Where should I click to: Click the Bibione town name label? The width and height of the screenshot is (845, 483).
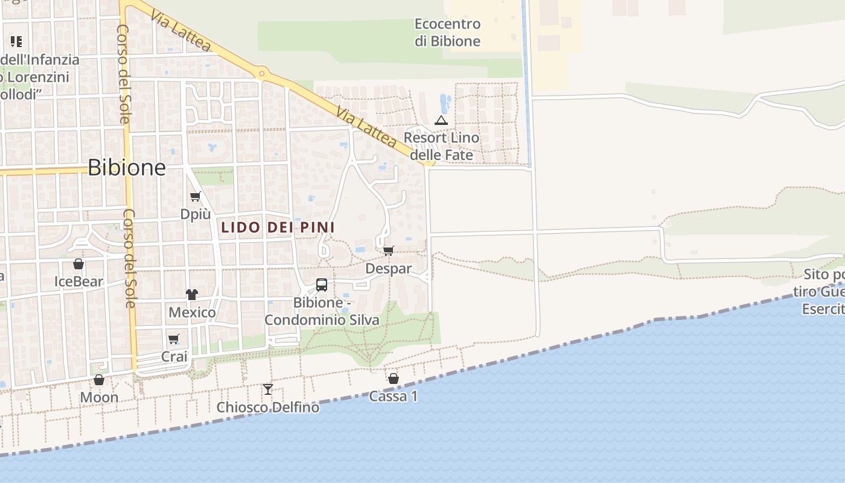pyautogui.click(x=127, y=167)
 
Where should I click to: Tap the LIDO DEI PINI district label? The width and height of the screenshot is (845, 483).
pyautogui.click(x=278, y=228)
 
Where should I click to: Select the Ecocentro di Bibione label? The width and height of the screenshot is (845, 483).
pyautogui.click(x=447, y=33)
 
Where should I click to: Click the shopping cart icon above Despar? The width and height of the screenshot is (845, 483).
pyautogui.click(x=388, y=251)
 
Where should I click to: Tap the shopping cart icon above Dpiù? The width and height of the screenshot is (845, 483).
pyautogui.click(x=195, y=196)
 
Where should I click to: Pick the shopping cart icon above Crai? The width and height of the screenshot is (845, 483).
pyautogui.click(x=174, y=339)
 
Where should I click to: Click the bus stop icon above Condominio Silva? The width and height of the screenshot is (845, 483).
pyautogui.click(x=322, y=284)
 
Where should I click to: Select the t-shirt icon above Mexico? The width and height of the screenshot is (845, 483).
pyautogui.click(x=192, y=295)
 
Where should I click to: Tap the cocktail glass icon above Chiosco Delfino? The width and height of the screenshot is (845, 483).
pyautogui.click(x=268, y=389)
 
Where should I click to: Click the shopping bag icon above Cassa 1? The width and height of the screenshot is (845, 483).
pyautogui.click(x=394, y=379)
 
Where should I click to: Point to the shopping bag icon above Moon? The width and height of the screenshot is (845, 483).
pyautogui.click(x=99, y=380)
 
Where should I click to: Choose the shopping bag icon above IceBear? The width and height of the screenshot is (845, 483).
pyautogui.click(x=78, y=264)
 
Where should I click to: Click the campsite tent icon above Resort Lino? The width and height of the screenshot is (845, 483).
pyautogui.click(x=441, y=120)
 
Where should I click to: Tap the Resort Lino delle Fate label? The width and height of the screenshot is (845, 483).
pyautogui.click(x=441, y=146)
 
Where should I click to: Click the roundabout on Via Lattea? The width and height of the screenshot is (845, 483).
pyautogui.click(x=261, y=74)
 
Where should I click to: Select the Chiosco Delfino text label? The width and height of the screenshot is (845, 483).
pyautogui.click(x=268, y=408)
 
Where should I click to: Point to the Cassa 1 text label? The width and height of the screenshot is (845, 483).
pyautogui.click(x=394, y=397)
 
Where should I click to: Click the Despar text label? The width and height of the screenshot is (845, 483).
pyautogui.click(x=389, y=269)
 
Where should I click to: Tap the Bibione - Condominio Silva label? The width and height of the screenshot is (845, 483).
pyautogui.click(x=322, y=311)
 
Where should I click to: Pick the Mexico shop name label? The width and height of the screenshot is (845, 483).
pyautogui.click(x=192, y=312)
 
